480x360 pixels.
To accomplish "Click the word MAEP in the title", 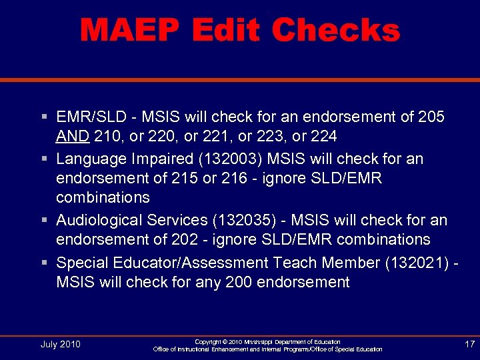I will pyautogui.click(x=129, y=31).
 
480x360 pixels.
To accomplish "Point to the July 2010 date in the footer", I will pyautogui.click(x=60, y=344).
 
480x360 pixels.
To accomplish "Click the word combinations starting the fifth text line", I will pyautogui.click(x=103, y=198).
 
